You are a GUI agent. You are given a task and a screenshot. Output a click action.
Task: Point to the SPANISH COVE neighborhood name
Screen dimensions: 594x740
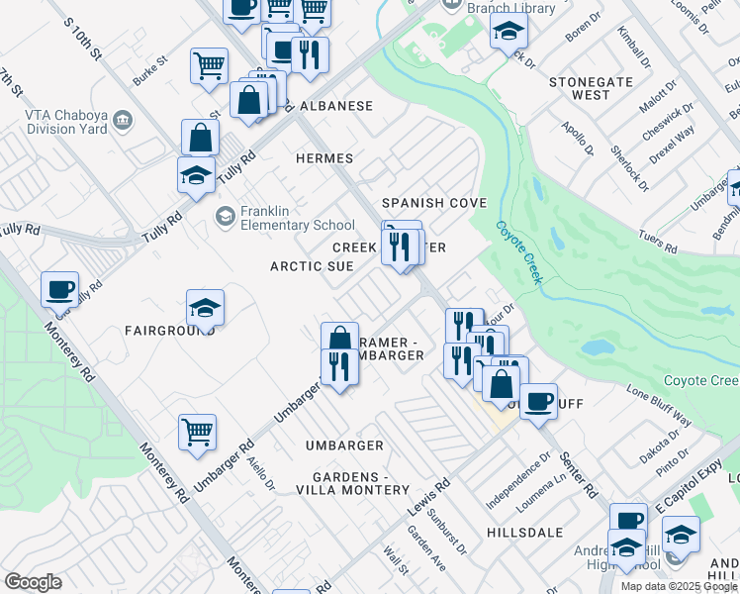pos(435,203)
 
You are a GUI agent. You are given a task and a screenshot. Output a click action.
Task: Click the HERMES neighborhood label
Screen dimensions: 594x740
pos(324,158)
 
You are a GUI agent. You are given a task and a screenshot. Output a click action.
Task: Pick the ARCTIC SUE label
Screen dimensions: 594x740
pos(313,266)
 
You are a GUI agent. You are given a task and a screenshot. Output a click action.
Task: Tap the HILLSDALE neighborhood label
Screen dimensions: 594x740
pos(524,532)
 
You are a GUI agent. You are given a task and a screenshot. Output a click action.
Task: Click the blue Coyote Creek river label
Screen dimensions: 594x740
pos(519,251)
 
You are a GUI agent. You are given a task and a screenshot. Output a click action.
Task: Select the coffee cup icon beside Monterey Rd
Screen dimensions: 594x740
pos(59,289)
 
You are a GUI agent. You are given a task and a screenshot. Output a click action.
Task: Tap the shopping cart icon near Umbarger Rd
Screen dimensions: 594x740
pos(197,432)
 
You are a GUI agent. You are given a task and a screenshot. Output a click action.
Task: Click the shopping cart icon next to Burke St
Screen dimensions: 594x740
pos(209,65)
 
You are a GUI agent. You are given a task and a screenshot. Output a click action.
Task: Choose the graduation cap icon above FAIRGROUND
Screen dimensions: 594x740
pos(205,307)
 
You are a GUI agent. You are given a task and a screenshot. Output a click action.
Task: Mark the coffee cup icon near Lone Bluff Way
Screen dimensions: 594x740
pos(538,401)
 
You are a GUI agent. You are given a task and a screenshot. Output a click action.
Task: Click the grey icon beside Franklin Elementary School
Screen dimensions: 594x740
pos(225,215)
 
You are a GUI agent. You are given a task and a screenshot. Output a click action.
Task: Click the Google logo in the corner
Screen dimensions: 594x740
pos(33,581)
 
